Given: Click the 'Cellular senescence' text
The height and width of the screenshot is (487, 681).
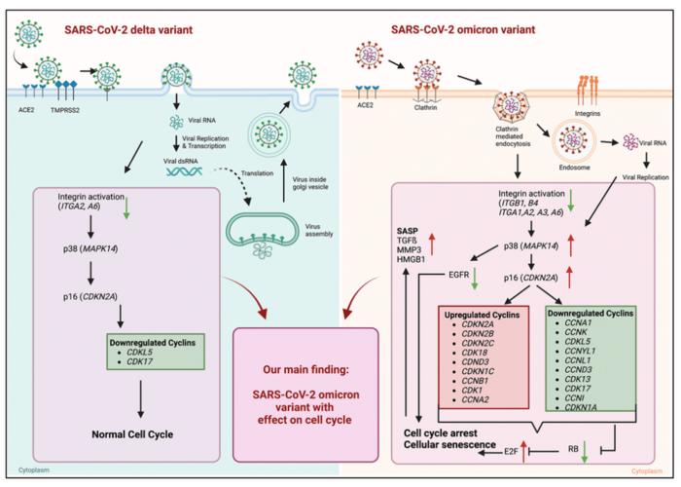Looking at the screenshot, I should coord(456,446).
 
